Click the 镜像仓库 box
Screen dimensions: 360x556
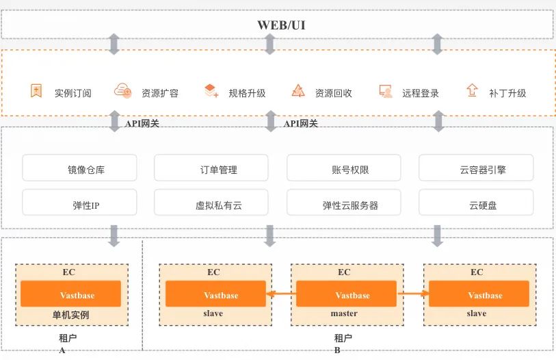[79, 168]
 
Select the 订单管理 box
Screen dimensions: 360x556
[213, 168]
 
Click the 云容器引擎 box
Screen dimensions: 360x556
[476, 168]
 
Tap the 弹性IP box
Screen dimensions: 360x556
[79, 203]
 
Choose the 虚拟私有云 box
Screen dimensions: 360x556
[213, 203]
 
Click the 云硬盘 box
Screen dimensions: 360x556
[476, 203]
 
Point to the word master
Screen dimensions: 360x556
[344, 313]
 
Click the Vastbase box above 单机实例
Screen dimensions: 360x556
[71, 295]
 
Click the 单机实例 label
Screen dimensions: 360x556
[71, 315]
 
